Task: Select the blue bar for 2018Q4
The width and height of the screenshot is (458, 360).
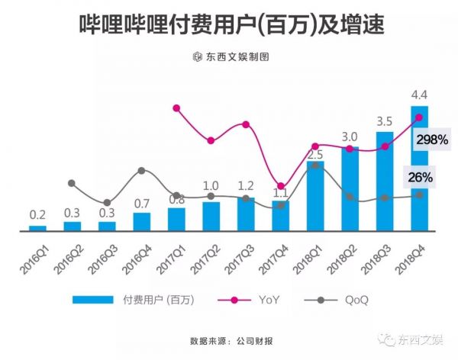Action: pyautogui.click(x=420, y=168)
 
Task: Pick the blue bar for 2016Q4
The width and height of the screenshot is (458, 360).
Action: pyautogui.click(x=142, y=221)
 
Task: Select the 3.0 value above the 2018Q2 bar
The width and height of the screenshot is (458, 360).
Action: pyautogui.click(x=350, y=137)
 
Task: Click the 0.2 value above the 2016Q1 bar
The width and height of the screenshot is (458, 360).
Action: pyautogui.click(x=37, y=216)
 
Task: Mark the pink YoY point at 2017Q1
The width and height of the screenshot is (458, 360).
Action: pyautogui.click(x=176, y=108)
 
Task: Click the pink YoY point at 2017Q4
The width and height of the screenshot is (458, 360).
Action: pyautogui.click(x=281, y=186)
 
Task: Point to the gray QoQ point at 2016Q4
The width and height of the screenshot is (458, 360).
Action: pyautogui.click(x=142, y=171)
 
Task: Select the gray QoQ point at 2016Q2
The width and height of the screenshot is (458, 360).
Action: pyautogui.click(x=72, y=183)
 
